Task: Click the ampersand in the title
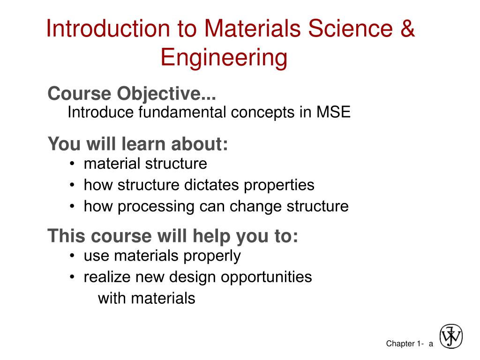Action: [407, 28]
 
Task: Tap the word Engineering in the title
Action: [224, 58]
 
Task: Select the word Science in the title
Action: [350, 28]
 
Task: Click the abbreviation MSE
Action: [333, 112]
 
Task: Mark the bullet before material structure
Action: [72, 164]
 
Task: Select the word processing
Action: [156, 207]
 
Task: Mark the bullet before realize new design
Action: [72, 277]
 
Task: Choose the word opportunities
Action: [266, 277]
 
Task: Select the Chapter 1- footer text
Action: [405, 344]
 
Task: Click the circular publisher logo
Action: [451, 336]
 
